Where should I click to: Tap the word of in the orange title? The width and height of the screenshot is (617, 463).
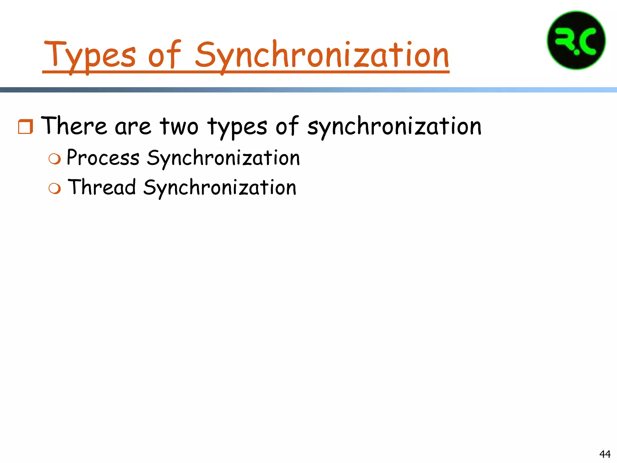tap(164, 54)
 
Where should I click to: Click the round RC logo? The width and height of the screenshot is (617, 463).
tap(576, 40)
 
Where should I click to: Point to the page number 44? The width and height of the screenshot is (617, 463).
tap(605, 454)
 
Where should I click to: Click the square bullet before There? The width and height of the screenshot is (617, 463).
tap(25, 127)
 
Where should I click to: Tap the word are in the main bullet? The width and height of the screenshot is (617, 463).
tap(133, 127)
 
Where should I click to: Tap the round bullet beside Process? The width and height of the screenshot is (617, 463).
tap(55, 159)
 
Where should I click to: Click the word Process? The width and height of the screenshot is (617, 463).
tap(103, 158)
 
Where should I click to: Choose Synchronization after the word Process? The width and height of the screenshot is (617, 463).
tap(223, 158)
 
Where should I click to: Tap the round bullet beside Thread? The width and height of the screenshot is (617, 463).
tap(55, 188)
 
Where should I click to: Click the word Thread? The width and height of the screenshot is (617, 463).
tap(102, 187)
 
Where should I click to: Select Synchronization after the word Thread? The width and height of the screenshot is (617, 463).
tap(220, 187)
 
